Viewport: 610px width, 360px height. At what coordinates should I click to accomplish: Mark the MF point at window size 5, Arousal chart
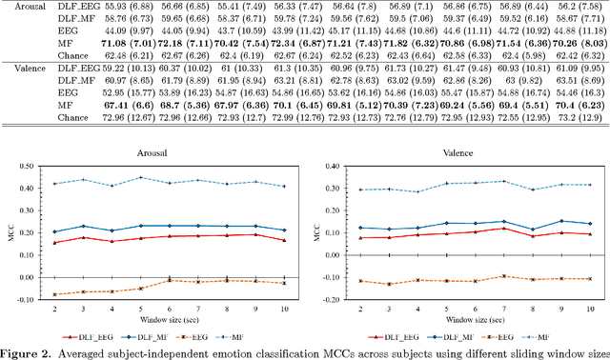click(x=141, y=177)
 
